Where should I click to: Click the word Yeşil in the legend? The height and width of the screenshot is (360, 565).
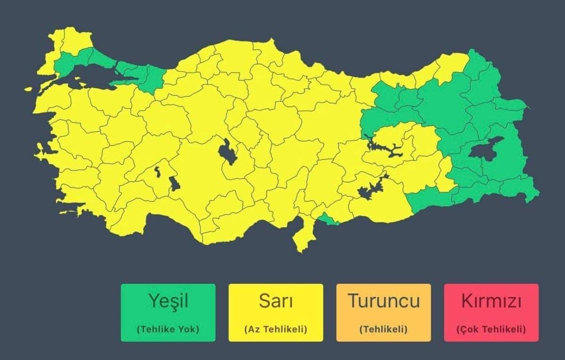[168, 301]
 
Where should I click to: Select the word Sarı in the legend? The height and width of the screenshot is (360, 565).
[275, 301]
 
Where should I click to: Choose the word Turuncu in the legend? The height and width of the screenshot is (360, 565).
[383, 301]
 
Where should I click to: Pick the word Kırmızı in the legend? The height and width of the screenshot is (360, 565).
[491, 301]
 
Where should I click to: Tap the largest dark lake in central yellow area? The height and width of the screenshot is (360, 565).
[227, 152]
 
